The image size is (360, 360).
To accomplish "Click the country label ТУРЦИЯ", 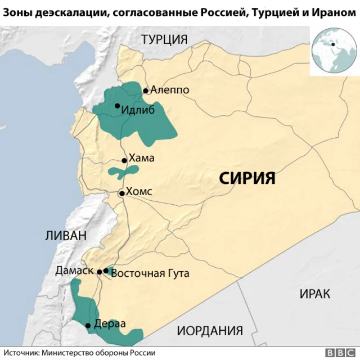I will tap(164, 39).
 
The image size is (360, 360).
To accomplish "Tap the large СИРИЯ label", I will tap(247, 179).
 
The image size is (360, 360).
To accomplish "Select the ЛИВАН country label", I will tap(66, 236).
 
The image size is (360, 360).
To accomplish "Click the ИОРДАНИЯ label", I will tap(210, 331).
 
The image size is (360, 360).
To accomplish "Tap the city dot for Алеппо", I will tap(145, 91).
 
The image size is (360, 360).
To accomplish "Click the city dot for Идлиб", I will tap(117, 106).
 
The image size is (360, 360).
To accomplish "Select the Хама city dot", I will tap(124, 159).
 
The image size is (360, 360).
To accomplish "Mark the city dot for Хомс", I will tap(121, 193).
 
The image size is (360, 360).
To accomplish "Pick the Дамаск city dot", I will tap(100, 272).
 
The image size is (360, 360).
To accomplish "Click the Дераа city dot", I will tap(88, 325).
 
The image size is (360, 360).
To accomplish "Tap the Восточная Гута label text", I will tap(150, 274).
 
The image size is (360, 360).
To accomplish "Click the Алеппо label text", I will tap(169, 90).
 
